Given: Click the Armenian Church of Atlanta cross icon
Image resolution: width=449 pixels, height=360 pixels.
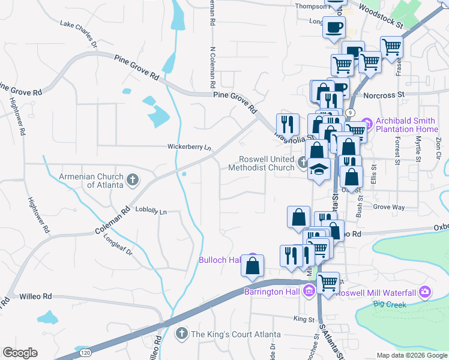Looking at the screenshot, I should pyautogui.click(x=133, y=179).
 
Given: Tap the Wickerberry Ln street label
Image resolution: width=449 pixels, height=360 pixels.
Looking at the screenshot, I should pyautogui.click(x=190, y=147).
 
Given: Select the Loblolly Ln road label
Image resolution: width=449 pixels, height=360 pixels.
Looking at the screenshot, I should pyautogui.click(x=151, y=211).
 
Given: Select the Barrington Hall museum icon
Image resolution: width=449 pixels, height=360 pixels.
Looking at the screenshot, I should pyautogui.click(x=309, y=292).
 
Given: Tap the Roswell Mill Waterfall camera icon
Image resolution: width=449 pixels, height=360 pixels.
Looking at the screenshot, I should pyautogui.click(x=425, y=292).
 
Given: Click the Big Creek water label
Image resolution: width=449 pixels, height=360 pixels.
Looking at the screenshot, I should pyautogui.click(x=390, y=304).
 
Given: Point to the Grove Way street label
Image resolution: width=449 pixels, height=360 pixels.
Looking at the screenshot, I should pyautogui.click(x=389, y=207).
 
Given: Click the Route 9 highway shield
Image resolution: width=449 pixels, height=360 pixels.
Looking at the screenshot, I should pyautogui.click(x=349, y=112).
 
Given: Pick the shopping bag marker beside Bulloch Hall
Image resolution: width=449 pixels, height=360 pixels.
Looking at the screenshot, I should pyautogui.click(x=253, y=265).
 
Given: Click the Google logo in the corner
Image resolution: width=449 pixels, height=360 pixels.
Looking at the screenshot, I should pyautogui.click(x=20, y=353).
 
